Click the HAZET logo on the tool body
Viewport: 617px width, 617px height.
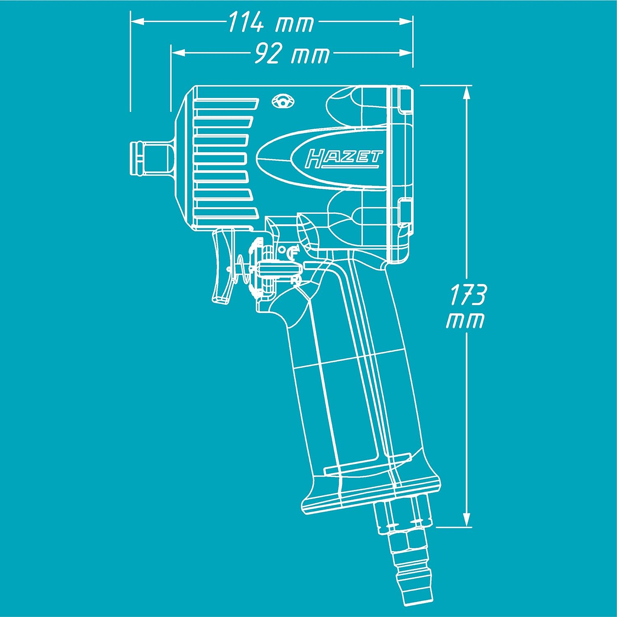point(344,159)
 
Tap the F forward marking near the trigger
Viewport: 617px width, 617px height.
point(294,252)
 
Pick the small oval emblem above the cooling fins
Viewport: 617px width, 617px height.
point(283,101)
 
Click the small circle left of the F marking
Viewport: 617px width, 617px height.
point(282,249)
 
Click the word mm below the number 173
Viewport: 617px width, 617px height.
point(465,321)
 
